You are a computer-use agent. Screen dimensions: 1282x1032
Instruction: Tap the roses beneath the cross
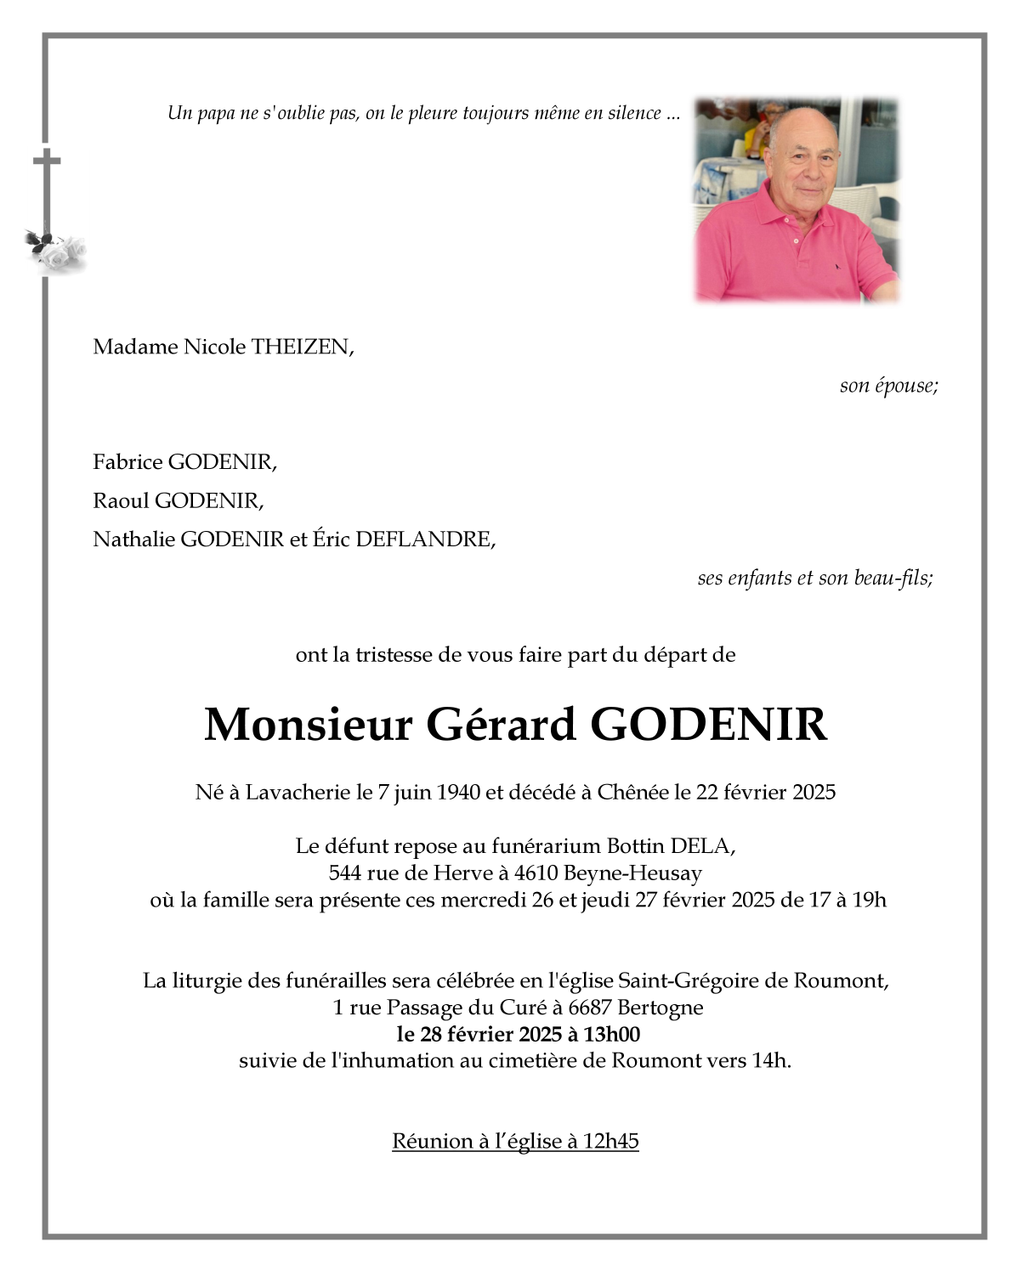click(x=57, y=251)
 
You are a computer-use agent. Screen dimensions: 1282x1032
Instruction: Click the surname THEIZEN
click(x=300, y=347)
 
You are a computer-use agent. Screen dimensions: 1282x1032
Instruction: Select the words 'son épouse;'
click(x=888, y=386)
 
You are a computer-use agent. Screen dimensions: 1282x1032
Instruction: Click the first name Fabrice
click(x=128, y=462)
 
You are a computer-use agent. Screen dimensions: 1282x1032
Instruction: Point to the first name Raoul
click(x=121, y=500)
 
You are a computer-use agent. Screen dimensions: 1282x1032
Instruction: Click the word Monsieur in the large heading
click(x=308, y=725)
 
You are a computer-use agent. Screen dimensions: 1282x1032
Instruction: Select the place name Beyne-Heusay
click(x=632, y=873)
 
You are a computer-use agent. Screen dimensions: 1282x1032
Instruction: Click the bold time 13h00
click(x=611, y=1034)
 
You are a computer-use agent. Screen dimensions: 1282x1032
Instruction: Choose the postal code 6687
click(x=590, y=1008)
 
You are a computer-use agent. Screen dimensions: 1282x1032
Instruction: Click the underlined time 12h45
click(x=610, y=1141)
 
